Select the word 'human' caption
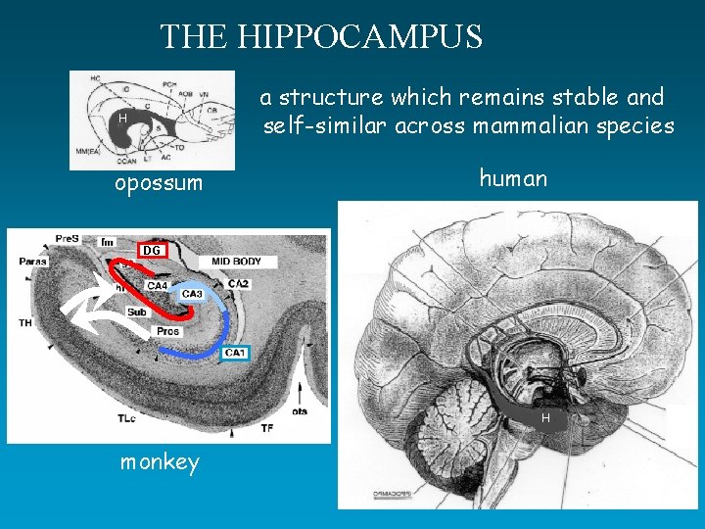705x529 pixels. click(513, 177)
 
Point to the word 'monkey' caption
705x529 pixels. click(160, 462)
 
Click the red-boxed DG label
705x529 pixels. click(152, 251)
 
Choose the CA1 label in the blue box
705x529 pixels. click(235, 353)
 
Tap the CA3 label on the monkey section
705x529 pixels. click(192, 293)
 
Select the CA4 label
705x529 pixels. click(158, 285)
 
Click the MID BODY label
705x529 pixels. click(237, 262)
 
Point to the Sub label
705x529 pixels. click(137, 312)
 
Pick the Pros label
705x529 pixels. click(167, 331)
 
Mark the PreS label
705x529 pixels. click(67, 238)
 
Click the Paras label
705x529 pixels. click(33, 261)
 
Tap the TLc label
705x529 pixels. click(127, 417)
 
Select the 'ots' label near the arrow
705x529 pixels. click(298, 411)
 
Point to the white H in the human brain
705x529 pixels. click(546, 418)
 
